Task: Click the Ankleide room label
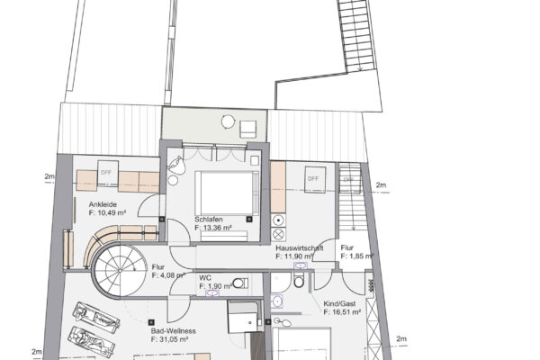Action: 103,205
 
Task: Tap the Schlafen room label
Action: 209,219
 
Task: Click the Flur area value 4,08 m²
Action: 169,274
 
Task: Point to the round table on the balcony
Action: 228,121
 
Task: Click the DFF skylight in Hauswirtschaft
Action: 312,179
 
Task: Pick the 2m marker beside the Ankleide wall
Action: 48,177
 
